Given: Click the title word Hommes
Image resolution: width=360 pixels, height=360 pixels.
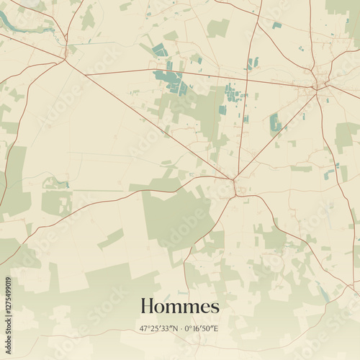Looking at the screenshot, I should [179, 306].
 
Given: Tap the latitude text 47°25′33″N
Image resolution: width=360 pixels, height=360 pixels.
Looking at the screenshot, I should [158, 328].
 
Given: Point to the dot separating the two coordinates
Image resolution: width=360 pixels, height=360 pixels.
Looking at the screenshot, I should [180, 328].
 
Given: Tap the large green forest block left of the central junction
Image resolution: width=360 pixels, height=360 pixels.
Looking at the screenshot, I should [176, 216].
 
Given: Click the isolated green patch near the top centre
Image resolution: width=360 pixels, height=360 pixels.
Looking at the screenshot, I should [218, 28].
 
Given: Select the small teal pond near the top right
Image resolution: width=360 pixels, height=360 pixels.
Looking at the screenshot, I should [277, 25].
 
